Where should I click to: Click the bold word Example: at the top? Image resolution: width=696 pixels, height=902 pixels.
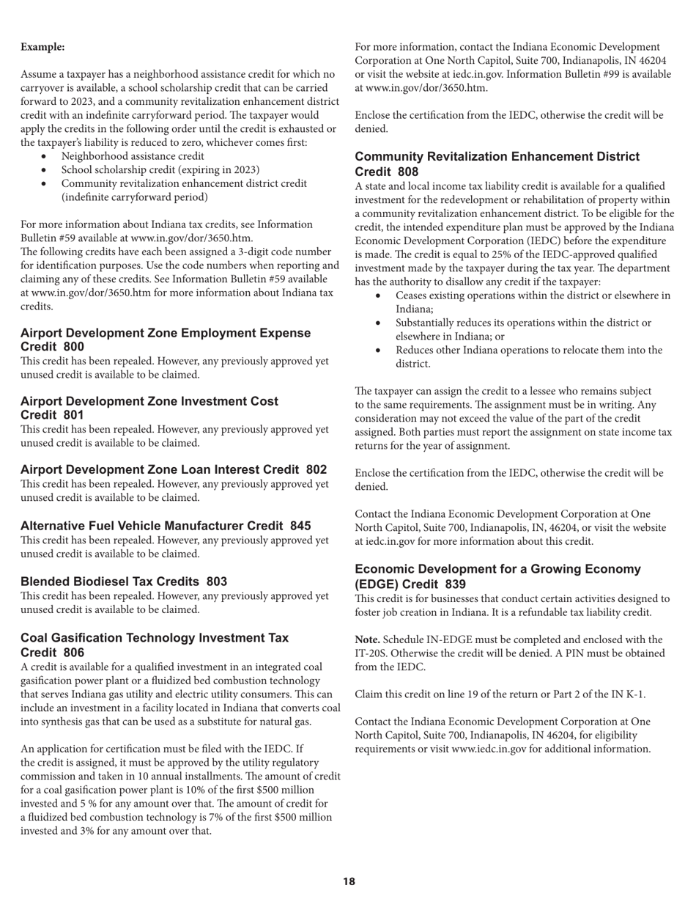pyautogui.click(x=42, y=47)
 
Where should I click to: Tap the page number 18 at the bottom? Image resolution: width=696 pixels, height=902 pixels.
pyautogui.click(x=349, y=881)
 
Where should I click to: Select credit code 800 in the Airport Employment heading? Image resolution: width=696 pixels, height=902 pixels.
pyautogui.click(x=74, y=347)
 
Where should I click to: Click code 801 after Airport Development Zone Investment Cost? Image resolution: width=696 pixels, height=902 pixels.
pyautogui.click(x=74, y=415)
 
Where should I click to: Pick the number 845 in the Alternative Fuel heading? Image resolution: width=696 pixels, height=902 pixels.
pyautogui.click(x=300, y=526)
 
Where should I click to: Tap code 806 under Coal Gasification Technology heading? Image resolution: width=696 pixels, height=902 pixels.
pyautogui.click(x=74, y=653)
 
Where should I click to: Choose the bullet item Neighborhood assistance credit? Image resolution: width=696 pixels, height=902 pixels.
pyautogui.click(x=133, y=156)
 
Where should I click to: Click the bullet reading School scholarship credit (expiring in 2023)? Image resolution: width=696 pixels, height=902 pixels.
pyautogui.click(x=160, y=169)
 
